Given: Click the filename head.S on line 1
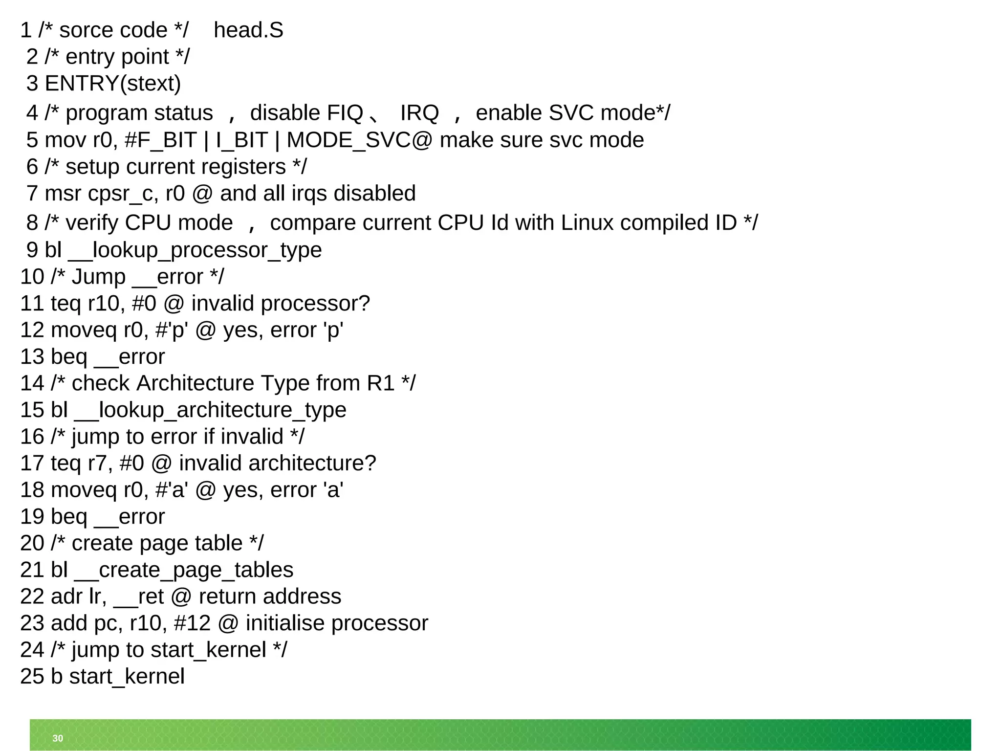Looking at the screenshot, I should click(x=248, y=30).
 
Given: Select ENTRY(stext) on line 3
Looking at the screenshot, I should click(x=113, y=84).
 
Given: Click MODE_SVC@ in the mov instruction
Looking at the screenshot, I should click(x=359, y=140).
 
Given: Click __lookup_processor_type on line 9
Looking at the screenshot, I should click(x=195, y=250).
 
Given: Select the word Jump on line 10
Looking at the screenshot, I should click(x=99, y=277).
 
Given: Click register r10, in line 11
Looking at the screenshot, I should click(x=106, y=304).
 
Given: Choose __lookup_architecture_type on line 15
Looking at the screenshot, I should click(x=210, y=410).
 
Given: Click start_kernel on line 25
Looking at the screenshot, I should click(x=127, y=677).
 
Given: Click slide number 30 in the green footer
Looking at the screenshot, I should click(x=58, y=738).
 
